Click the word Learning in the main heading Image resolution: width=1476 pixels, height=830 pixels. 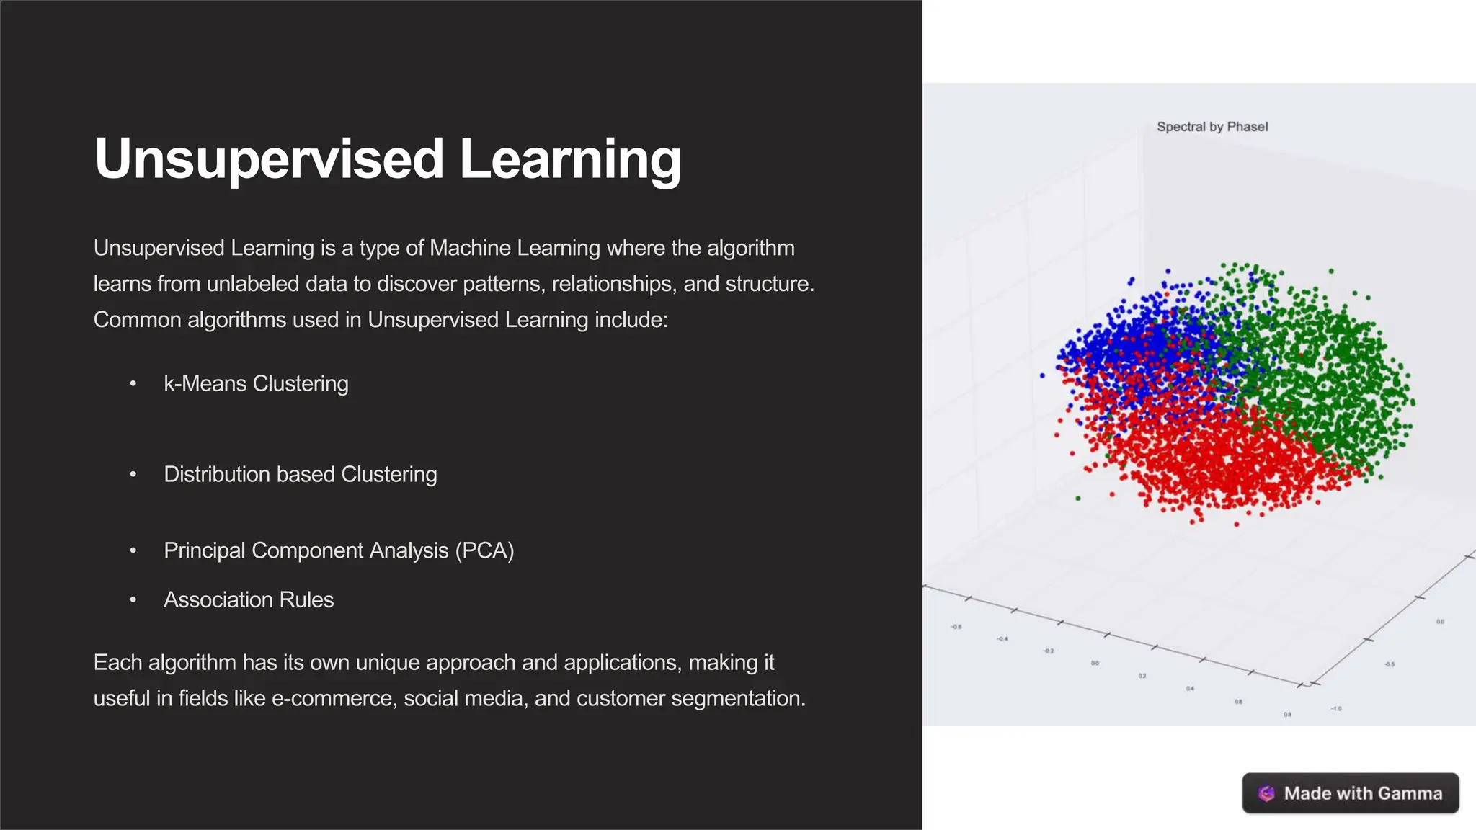click(x=569, y=159)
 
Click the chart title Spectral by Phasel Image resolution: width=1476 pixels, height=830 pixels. click(x=1212, y=127)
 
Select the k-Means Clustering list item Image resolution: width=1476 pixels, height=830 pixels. click(x=256, y=383)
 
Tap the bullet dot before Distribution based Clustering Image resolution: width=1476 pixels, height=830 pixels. click(x=133, y=474)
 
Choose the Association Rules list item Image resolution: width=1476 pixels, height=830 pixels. click(x=249, y=599)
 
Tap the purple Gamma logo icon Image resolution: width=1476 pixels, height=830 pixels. click(x=1266, y=793)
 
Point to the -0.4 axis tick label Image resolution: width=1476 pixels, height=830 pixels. click(x=1002, y=639)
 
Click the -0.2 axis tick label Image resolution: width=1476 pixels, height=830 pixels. click(x=1049, y=651)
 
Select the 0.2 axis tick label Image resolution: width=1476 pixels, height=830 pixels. click(x=1142, y=676)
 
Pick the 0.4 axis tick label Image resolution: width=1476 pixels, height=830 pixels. click(x=1190, y=689)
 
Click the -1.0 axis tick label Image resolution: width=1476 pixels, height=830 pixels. click(x=1336, y=709)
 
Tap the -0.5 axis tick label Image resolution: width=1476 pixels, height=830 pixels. click(x=1389, y=664)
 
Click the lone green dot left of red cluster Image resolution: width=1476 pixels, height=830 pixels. click(x=1078, y=498)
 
